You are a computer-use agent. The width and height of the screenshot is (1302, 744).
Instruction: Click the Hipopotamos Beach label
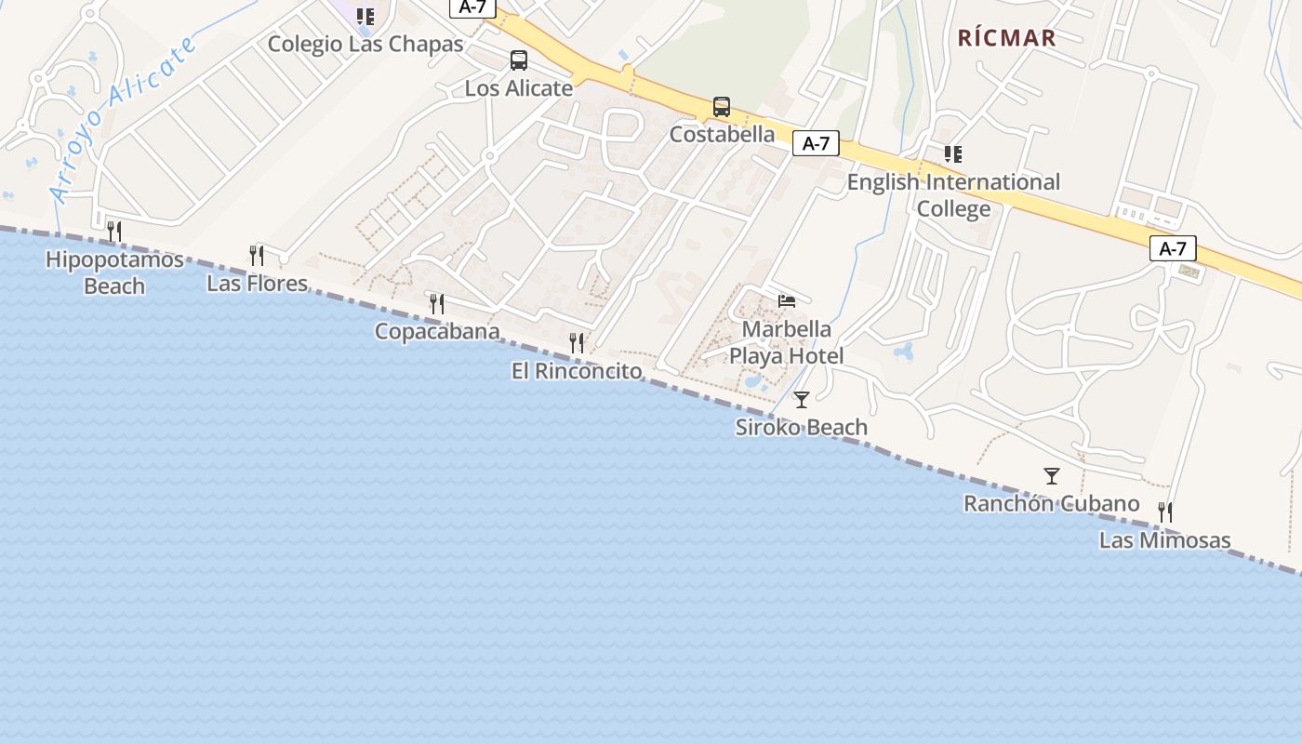[x=114, y=272]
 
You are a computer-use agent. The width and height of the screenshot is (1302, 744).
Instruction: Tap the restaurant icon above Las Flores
[x=257, y=255]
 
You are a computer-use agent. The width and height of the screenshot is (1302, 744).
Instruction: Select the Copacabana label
[x=437, y=331]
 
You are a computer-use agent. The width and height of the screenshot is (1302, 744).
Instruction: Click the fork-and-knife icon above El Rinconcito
[x=577, y=343]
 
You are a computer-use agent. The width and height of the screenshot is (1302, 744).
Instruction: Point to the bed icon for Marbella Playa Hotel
[x=787, y=301]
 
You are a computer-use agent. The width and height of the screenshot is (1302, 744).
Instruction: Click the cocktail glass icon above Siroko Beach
[x=802, y=400]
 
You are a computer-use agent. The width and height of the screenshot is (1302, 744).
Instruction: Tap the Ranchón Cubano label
[x=1051, y=504]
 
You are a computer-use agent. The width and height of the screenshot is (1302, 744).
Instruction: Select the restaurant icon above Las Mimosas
[x=1164, y=511]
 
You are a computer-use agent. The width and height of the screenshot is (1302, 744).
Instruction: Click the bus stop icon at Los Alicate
[x=519, y=60]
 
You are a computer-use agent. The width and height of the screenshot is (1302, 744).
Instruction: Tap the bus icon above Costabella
[x=722, y=107]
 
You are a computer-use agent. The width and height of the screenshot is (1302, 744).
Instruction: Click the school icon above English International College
[x=953, y=154]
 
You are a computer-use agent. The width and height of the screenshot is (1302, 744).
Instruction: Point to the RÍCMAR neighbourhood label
[x=1007, y=38]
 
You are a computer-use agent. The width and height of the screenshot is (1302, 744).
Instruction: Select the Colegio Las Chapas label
[x=365, y=44]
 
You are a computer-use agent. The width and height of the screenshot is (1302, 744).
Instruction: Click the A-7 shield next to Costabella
[x=816, y=143]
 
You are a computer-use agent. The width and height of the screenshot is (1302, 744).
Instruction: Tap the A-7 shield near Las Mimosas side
[x=1173, y=248]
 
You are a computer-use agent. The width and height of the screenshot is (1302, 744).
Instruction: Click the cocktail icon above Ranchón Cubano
[x=1052, y=476]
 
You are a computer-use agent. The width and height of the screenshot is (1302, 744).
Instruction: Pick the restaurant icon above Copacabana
[x=437, y=303]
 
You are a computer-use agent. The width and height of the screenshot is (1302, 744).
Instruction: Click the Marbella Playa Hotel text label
[x=787, y=342]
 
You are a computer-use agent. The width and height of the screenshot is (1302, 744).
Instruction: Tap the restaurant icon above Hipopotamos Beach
[x=114, y=231]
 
